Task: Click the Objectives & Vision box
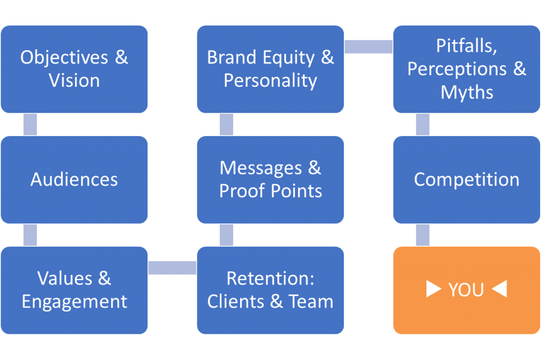(74, 69)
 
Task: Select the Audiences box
(74, 179)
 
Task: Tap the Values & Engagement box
(74, 290)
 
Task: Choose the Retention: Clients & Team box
(270, 290)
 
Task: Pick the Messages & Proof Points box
(270, 179)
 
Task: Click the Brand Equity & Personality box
(270, 69)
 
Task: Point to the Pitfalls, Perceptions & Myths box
(466, 69)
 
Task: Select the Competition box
(466, 179)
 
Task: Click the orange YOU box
(466, 290)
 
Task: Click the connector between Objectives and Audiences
(30, 124)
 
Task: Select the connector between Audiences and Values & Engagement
(30, 235)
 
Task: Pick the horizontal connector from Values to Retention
(172, 268)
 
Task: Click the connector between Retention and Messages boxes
(226, 235)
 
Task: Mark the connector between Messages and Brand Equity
(226, 124)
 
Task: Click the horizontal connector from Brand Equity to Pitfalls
(368, 47)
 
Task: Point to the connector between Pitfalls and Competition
(423, 124)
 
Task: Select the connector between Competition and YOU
(423, 235)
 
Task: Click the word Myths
(467, 92)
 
